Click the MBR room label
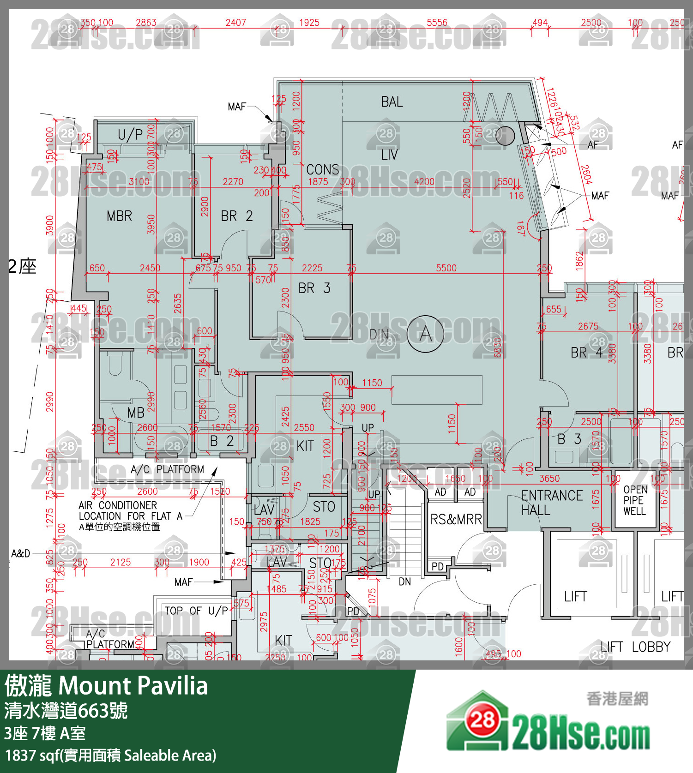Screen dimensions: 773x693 [119, 216]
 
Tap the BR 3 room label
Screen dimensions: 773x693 [314, 288]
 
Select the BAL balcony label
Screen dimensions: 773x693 [392, 102]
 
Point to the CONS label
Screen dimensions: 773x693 [323, 170]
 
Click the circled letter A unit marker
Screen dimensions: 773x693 [425, 334]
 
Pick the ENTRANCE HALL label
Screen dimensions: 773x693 [551, 503]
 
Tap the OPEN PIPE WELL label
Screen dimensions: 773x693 [635, 500]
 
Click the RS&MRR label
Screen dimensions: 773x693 [456, 520]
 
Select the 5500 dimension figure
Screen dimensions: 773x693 [446, 268]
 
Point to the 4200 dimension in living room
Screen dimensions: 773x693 [424, 182]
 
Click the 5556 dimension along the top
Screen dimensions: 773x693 [437, 23]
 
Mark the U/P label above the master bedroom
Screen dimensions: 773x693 [130, 135]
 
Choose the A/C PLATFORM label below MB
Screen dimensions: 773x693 [167, 469]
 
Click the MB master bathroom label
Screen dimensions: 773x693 [136, 413]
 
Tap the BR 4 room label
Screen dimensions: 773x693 [586, 353]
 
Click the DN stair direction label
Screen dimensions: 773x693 [404, 581]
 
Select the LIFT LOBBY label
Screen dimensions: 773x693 [635, 647]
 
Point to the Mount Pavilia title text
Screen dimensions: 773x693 [133, 686]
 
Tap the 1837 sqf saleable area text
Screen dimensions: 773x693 [110, 755]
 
